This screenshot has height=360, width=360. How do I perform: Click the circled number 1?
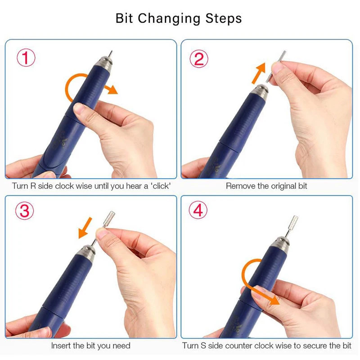[26, 58]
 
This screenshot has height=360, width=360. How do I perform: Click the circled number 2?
[199, 59]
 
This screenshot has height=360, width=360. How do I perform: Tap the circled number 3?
[25, 211]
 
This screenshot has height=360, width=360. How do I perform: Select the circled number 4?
[198, 210]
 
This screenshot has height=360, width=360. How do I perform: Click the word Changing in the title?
[169, 18]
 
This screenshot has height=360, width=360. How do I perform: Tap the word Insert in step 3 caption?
[61, 346]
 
